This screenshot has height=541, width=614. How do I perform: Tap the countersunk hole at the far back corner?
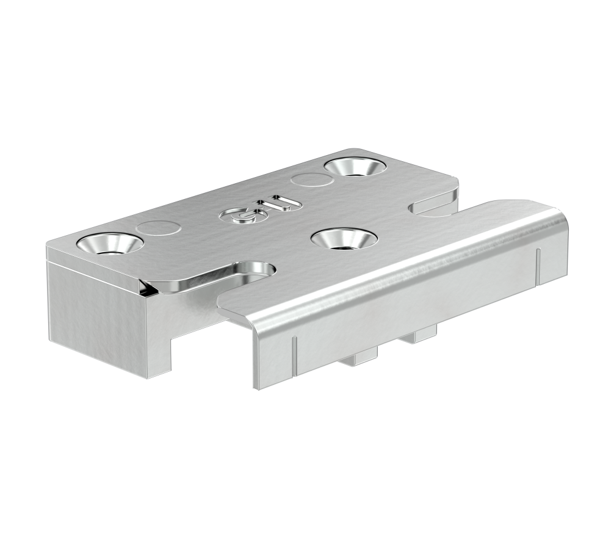[x=354, y=165]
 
